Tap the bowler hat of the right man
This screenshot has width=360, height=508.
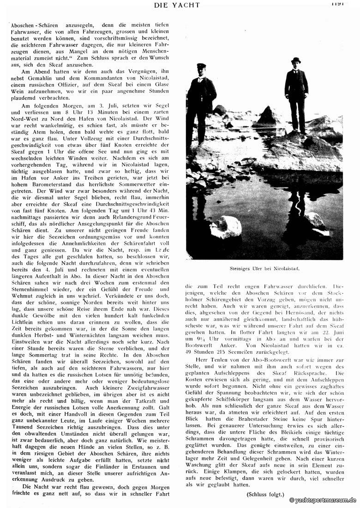pos(296,60)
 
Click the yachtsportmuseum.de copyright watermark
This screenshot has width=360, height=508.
pos(323,500)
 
